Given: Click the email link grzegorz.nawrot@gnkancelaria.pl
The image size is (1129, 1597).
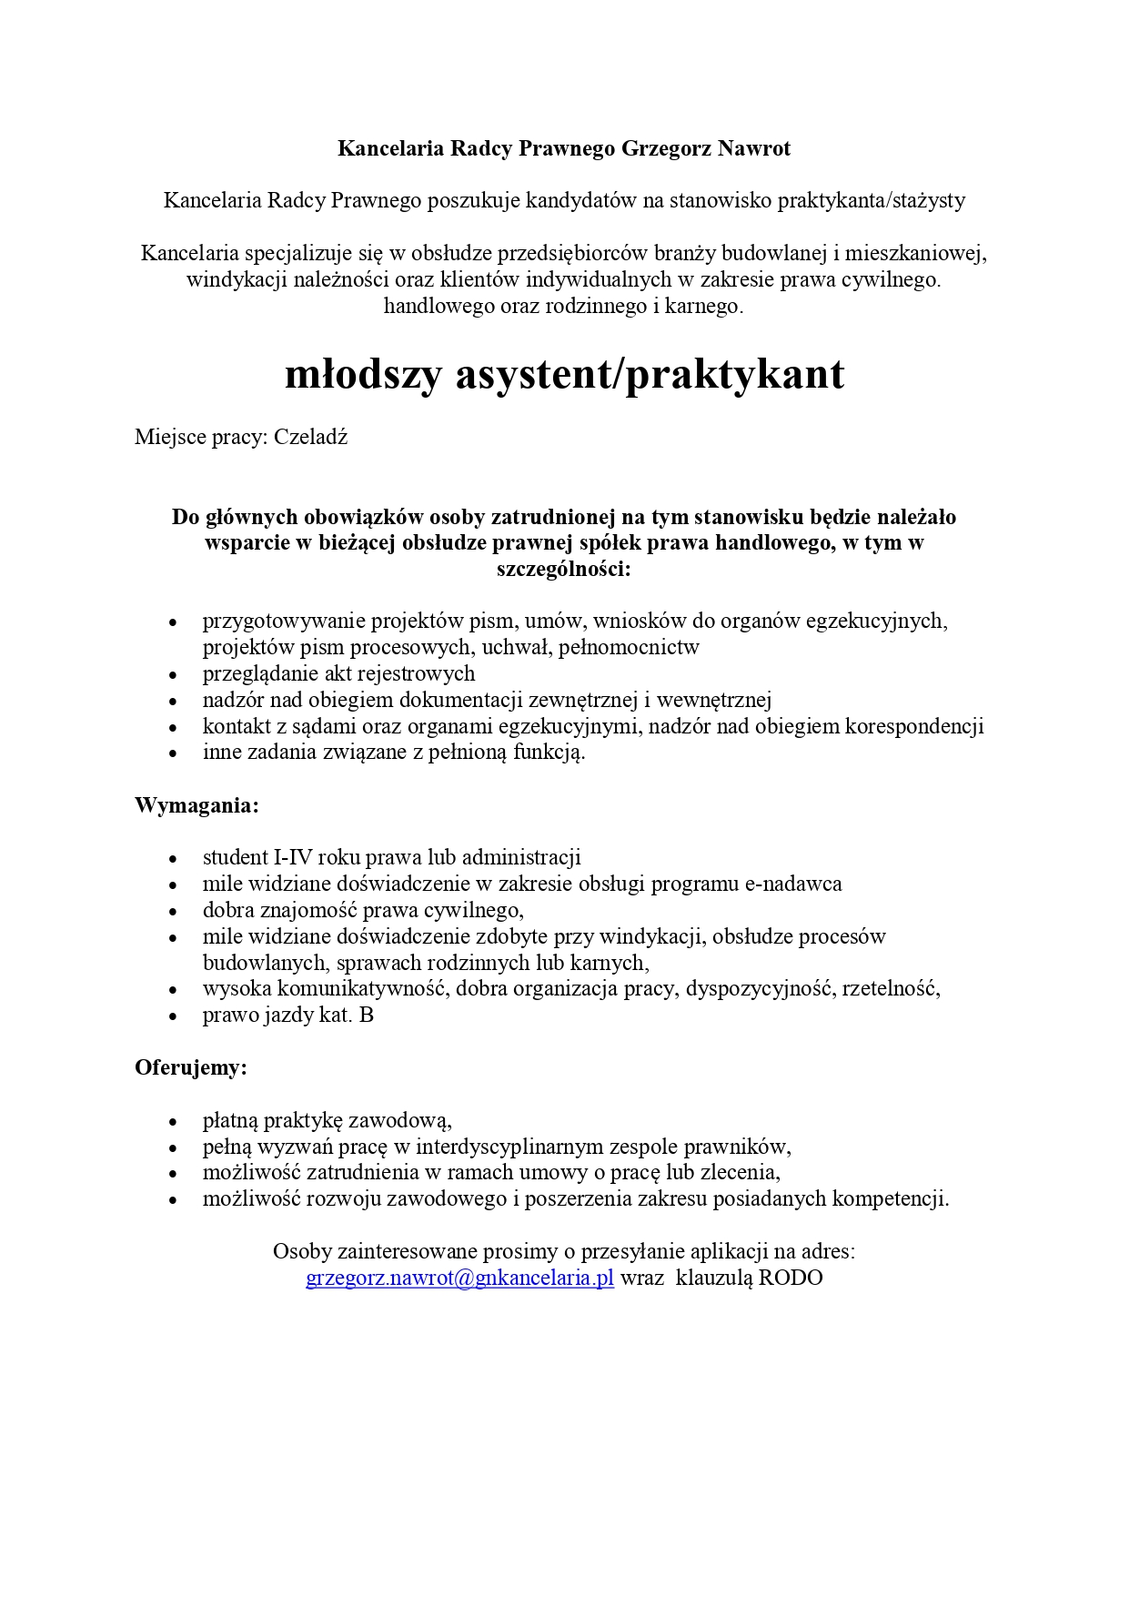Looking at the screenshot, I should (x=459, y=1278).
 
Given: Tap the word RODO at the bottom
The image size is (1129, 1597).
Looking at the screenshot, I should (x=791, y=1278).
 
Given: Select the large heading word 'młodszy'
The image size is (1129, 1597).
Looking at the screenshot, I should (x=363, y=374).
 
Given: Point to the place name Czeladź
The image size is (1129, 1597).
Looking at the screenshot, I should (x=310, y=437).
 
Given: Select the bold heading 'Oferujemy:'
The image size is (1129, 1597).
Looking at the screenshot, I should (x=191, y=1067).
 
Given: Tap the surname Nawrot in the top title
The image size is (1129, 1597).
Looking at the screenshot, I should (x=754, y=148).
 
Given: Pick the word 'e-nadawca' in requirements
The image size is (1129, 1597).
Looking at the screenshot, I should (x=793, y=883).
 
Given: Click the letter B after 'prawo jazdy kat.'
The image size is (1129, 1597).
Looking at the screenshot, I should (x=366, y=1015).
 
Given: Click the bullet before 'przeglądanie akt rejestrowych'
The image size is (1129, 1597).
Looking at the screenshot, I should (x=172, y=674).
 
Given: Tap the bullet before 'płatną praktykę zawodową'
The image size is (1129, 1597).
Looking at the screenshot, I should (x=172, y=1121).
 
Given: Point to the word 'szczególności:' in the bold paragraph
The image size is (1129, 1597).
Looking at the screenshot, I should (x=563, y=570).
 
